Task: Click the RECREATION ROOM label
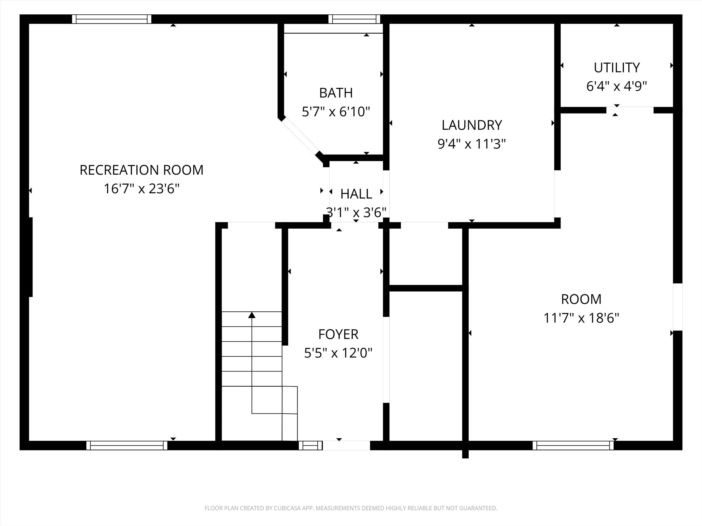(x=141, y=170)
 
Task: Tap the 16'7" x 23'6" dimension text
(x=141, y=189)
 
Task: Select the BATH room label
(x=336, y=93)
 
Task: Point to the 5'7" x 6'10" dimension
(x=336, y=112)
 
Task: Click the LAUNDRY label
(x=472, y=125)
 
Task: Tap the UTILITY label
(x=617, y=68)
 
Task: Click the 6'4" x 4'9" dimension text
(x=616, y=86)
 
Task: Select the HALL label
(x=356, y=194)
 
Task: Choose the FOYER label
(x=338, y=334)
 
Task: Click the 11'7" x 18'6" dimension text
(x=581, y=318)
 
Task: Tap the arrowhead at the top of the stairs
(x=252, y=315)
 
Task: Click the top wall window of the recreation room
(x=112, y=19)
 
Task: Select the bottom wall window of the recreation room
(x=127, y=445)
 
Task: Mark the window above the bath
(x=354, y=19)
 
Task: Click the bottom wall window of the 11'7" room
(x=573, y=445)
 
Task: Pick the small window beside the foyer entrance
(x=310, y=445)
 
